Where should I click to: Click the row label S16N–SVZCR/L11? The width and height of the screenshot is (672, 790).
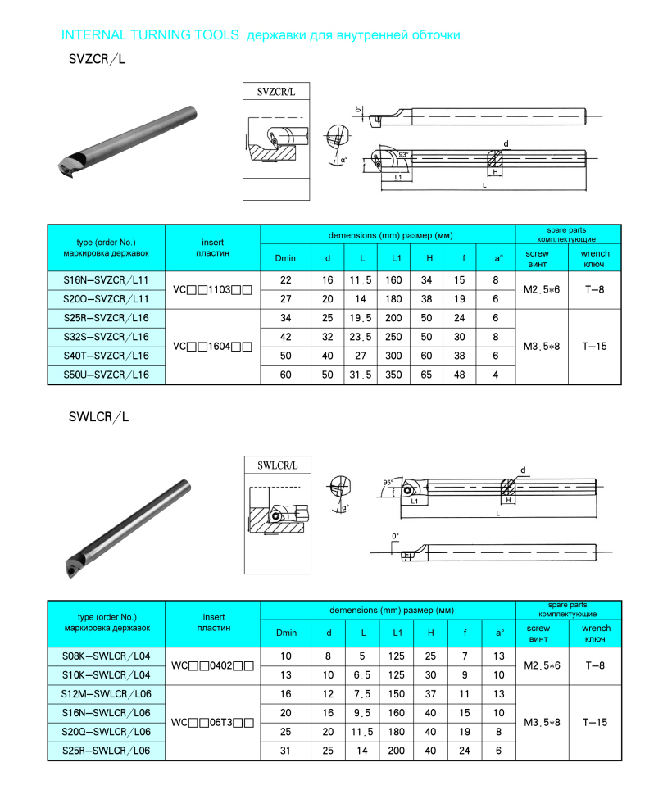tap(106, 280)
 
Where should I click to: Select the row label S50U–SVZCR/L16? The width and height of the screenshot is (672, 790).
tap(106, 375)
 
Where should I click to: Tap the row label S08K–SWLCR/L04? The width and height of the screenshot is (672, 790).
tap(106, 656)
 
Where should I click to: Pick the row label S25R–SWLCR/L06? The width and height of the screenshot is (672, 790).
tap(106, 751)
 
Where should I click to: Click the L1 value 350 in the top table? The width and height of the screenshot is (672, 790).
tap(397, 375)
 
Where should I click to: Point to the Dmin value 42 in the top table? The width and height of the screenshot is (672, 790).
tap(285, 337)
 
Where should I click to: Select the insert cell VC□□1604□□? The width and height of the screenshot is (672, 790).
tap(212, 347)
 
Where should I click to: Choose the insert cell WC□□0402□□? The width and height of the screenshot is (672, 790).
tap(212, 665)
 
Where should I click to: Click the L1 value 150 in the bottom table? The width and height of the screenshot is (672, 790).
tap(397, 694)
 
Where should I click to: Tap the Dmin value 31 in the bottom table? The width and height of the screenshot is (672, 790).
tap(285, 751)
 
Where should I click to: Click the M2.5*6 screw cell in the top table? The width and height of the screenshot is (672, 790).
tap(541, 290)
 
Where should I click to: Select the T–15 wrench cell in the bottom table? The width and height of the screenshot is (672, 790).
tap(595, 722)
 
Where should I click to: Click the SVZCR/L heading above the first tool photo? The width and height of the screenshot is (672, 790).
tap(98, 60)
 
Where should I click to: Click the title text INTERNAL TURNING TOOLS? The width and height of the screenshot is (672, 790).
tap(151, 35)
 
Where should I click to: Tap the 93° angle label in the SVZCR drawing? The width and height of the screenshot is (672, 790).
tap(403, 154)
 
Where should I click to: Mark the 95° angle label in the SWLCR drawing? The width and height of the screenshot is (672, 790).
tap(387, 482)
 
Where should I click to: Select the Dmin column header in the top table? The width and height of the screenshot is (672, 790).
tap(285, 258)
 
